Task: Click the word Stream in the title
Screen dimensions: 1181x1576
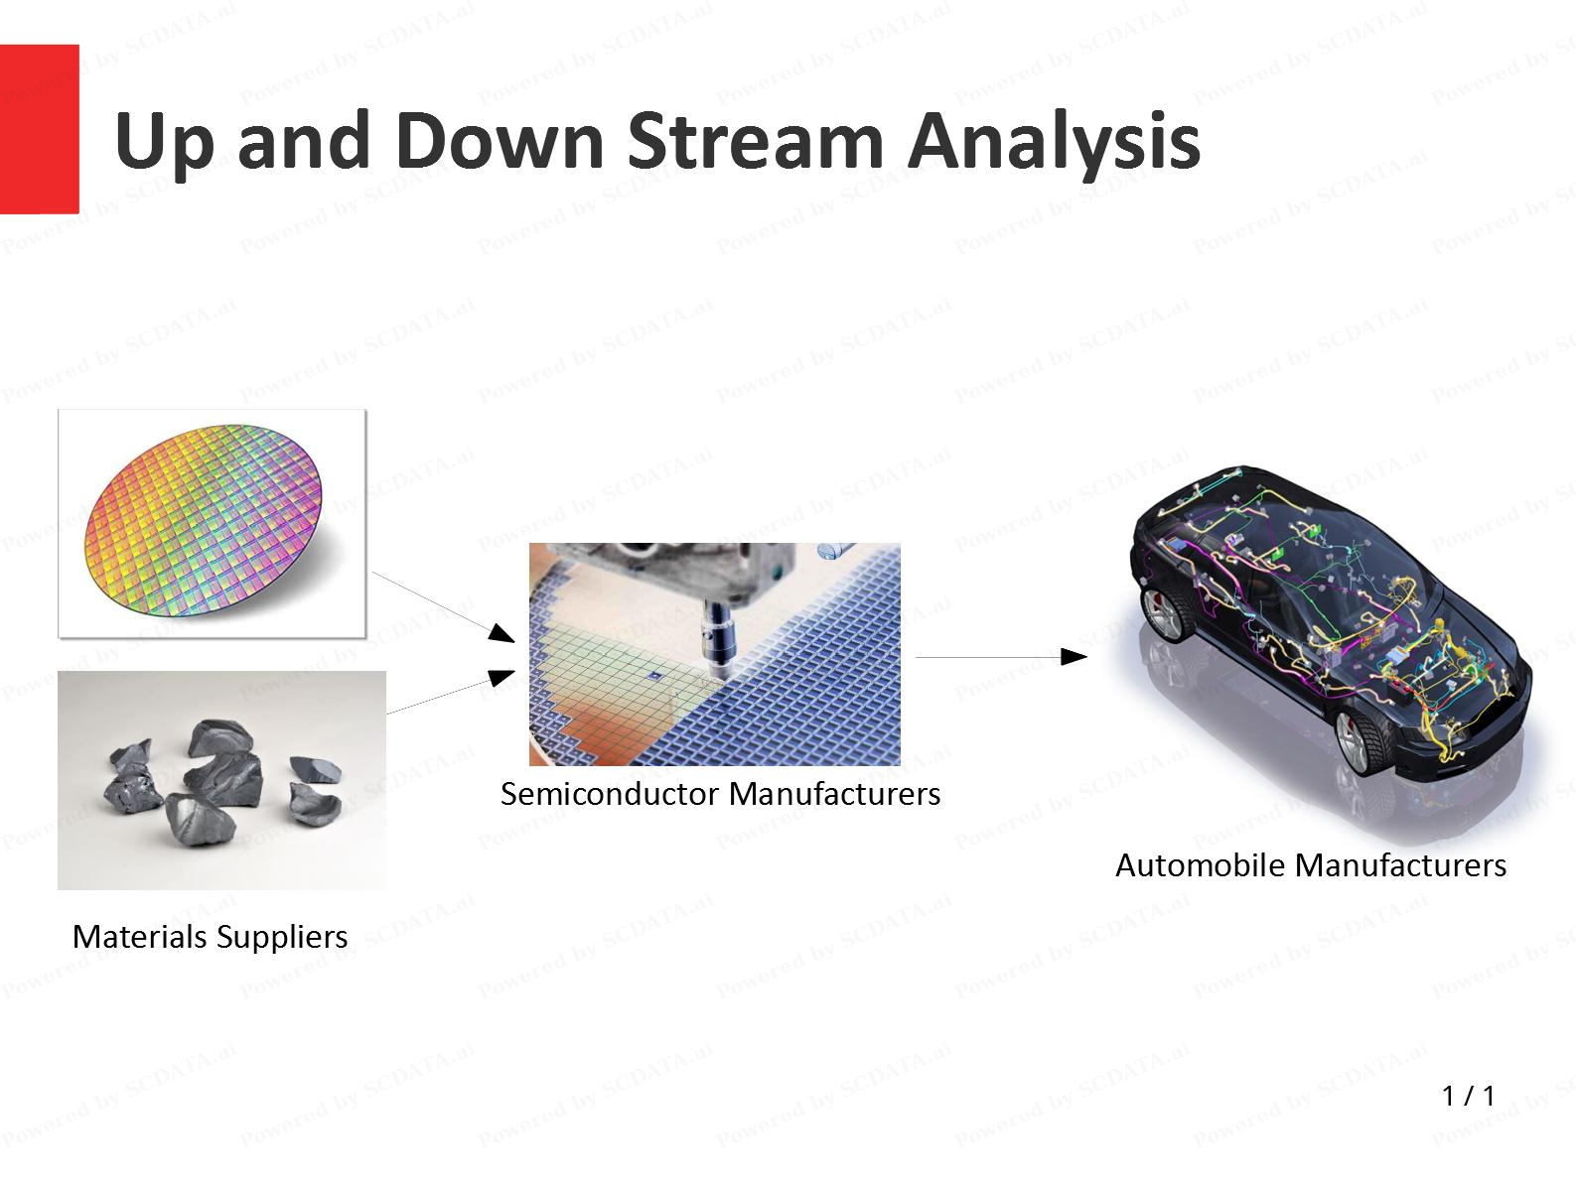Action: [755, 141]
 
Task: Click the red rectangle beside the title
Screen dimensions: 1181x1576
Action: [39, 129]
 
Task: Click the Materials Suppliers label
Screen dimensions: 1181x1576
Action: [210, 937]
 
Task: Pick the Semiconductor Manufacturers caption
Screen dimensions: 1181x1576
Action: [720, 794]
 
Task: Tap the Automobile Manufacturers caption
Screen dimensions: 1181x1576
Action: [1310, 865]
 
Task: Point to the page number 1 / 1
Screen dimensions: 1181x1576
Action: [1468, 1096]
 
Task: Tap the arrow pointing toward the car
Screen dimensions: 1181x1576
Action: [1001, 657]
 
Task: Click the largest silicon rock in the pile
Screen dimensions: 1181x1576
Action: [223, 754]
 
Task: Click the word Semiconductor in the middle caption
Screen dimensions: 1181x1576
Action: [610, 794]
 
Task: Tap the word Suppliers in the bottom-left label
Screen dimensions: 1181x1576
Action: [281, 937]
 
